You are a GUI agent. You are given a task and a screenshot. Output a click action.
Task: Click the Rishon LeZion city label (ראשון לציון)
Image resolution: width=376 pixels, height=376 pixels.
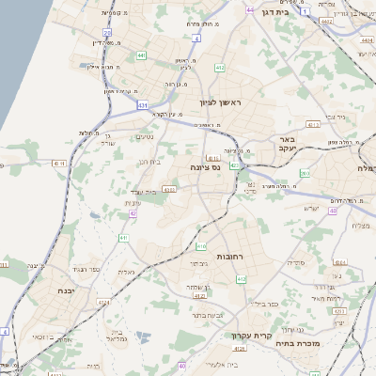point(221,102)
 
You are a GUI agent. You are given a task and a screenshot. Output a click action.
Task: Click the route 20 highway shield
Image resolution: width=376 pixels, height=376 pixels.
point(107,33)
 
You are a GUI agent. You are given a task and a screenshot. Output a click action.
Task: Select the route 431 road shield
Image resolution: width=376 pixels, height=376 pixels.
point(142,106)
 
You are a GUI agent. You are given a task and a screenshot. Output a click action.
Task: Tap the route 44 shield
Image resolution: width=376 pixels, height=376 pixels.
point(250,9)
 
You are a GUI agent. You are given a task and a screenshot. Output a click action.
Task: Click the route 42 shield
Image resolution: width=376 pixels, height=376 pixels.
point(133,213)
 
